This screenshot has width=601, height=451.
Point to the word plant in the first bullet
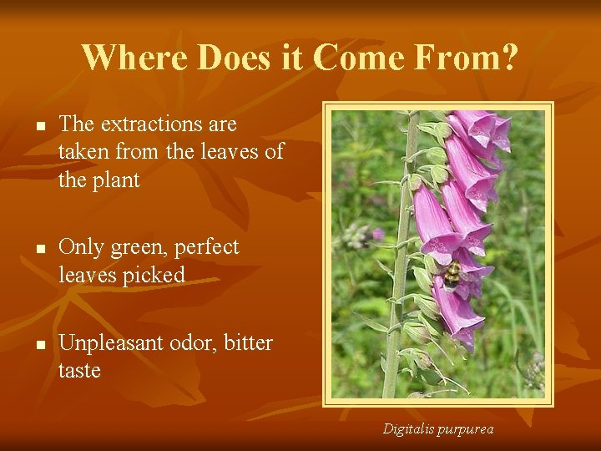[x=116, y=180]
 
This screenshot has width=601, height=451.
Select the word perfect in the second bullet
[x=208, y=248]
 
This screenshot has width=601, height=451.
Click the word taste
[x=79, y=371]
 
